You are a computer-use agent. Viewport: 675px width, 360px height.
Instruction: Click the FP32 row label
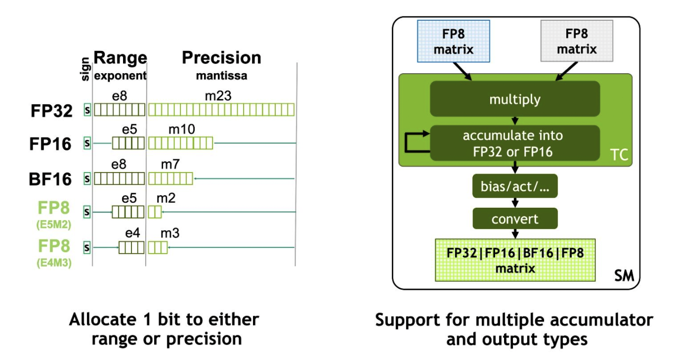[51, 111]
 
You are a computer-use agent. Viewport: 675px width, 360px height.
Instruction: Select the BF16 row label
[50, 179]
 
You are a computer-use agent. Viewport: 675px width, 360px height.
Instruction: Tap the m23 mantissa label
[218, 96]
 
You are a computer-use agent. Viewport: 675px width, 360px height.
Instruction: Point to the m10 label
[182, 130]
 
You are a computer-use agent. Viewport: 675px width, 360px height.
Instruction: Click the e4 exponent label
[132, 233]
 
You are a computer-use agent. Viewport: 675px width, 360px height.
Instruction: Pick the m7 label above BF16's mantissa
[170, 164]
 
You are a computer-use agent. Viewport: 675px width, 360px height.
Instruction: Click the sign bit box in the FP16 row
[87, 143]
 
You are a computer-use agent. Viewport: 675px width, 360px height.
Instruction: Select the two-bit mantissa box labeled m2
[155, 212]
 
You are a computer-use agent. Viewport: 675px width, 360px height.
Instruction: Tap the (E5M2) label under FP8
[54, 225]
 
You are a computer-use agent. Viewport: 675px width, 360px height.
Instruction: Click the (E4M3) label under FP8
[54, 263]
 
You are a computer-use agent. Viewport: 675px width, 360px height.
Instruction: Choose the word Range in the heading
[120, 57]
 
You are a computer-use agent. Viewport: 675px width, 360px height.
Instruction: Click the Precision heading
[221, 57]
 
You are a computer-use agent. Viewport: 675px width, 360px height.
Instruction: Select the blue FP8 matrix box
[454, 42]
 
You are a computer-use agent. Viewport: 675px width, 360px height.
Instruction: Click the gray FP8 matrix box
[577, 41]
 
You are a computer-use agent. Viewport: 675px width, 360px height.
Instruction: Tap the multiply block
[515, 99]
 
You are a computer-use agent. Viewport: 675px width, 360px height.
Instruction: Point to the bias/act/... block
[515, 186]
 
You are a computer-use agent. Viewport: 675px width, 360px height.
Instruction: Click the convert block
[515, 219]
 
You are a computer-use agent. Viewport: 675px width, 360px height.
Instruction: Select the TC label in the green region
[619, 155]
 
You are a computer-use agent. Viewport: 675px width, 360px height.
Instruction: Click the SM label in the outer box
[624, 275]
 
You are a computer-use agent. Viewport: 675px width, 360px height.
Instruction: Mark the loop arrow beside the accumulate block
[406, 142]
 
